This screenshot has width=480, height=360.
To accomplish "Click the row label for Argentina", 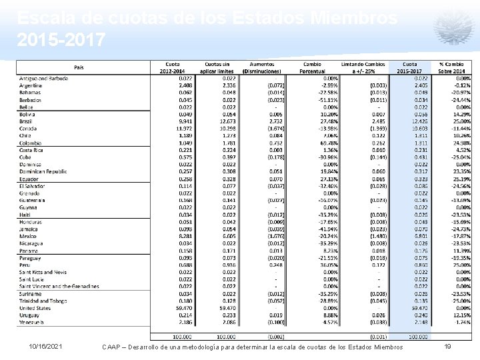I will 31,85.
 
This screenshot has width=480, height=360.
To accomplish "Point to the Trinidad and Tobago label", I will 42,301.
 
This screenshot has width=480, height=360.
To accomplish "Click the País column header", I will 79,67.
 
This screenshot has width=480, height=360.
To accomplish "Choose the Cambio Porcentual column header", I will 313,67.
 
